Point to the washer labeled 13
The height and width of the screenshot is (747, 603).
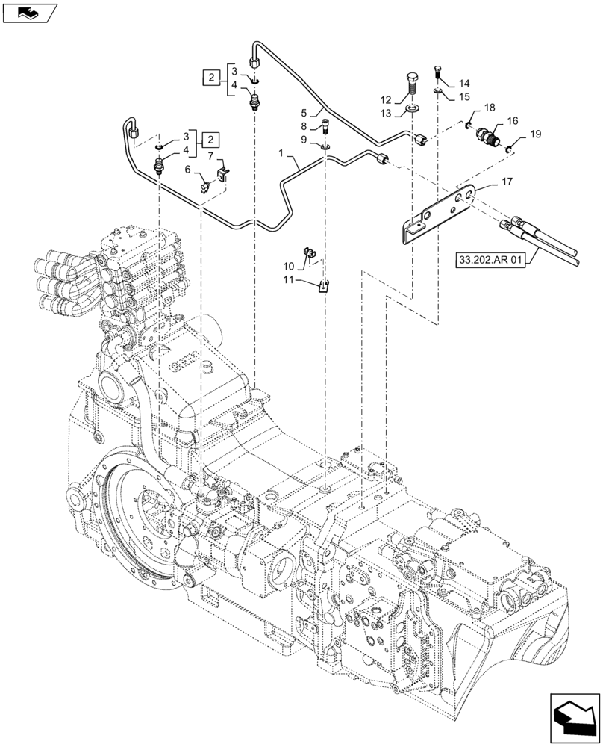click(412, 113)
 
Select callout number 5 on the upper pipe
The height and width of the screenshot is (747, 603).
click(304, 113)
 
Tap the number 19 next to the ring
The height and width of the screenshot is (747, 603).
click(534, 134)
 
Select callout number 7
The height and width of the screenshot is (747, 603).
click(210, 155)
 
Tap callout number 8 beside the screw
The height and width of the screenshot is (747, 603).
click(304, 126)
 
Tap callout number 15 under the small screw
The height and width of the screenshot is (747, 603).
click(464, 96)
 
